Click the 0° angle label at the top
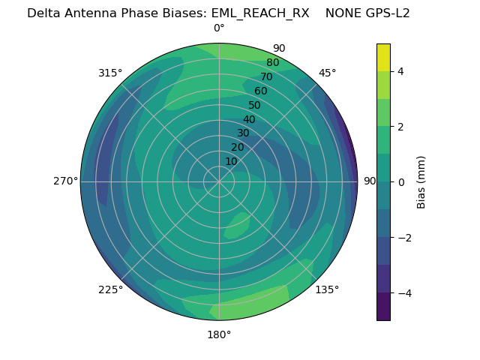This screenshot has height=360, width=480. (x=219, y=28)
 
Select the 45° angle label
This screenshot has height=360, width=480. (x=327, y=73)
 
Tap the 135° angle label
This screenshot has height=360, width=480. (x=327, y=289)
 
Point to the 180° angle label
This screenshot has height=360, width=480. (x=219, y=334)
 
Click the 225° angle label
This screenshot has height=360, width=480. (x=110, y=289)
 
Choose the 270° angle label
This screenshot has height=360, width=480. (x=65, y=181)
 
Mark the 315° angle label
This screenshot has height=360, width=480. (x=110, y=73)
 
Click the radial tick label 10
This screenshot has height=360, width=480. (x=231, y=161)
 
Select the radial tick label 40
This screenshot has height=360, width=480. (x=249, y=119)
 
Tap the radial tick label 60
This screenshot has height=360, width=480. (x=261, y=91)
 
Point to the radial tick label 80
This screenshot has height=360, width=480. (x=272, y=63)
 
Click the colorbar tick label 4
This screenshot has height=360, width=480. (x=400, y=71)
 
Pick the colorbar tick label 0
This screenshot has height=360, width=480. (x=400, y=182)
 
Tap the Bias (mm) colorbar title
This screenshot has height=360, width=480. (x=421, y=182)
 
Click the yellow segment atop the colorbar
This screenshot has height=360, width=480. (x=383, y=57)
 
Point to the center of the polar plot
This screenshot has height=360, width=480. (x=219, y=181)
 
